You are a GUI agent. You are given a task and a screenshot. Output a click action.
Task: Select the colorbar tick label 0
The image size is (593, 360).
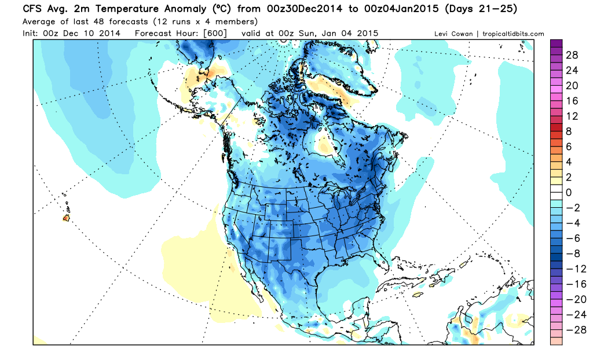click(x=569, y=192)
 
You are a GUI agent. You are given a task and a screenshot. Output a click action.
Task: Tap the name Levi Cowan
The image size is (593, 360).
click(x=456, y=34)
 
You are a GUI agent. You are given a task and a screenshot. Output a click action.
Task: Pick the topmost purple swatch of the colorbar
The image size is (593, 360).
click(x=556, y=43)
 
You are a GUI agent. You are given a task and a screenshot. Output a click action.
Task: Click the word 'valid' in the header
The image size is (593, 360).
click(x=250, y=34)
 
